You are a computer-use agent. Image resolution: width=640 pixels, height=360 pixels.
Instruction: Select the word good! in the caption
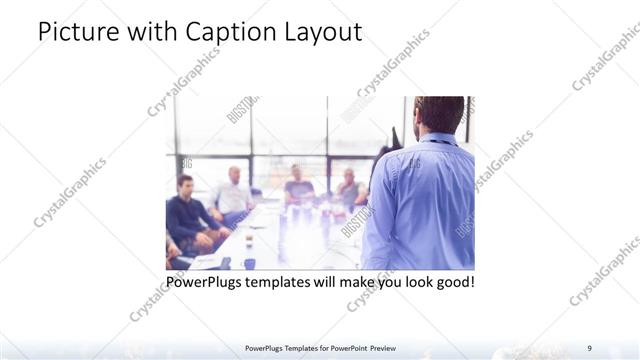tap(453, 282)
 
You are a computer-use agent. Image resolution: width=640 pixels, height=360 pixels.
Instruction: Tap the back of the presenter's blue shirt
tap(425, 200)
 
